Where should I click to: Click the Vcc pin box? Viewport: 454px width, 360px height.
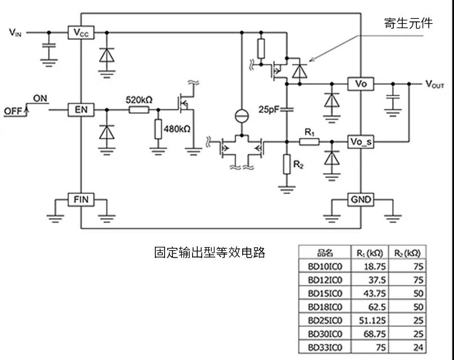pyautogui.click(x=81, y=33)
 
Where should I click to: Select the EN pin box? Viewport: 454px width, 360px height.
pyautogui.click(x=81, y=110)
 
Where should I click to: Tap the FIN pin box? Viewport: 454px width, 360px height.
pyautogui.click(x=81, y=199)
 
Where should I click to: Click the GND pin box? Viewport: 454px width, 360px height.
pyautogui.click(x=360, y=199)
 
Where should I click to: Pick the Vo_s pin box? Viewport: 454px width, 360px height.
pyautogui.click(x=360, y=141)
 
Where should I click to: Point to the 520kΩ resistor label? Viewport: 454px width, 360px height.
pyautogui.click(x=139, y=100)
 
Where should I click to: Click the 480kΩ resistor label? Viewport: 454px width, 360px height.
pyautogui.click(x=177, y=129)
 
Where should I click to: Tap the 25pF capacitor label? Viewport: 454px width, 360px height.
pyautogui.click(x=269, y=109)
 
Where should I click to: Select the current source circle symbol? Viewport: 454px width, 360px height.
pyautogui.click(x=242, y=116)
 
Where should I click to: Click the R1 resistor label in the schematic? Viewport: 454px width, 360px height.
pyautogui.click(x=309, y=132)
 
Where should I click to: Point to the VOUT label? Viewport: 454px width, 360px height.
pyautogui.click(x=435, y=85)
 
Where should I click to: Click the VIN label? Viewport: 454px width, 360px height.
pyautogui.click(x=15, y=32)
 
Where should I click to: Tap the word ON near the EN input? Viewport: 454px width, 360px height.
pyautogui.click(x=40, y=99)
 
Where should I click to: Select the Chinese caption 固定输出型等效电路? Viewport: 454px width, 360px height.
pyautogui.click(x=210, y=252)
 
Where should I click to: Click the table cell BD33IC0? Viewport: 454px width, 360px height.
pyautogui.click(x=325, y=347)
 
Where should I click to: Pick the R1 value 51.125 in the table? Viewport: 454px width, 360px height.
pyautogui.click(x=372, y=321)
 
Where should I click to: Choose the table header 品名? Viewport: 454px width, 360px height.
pyautogui.click(x=325, y=253)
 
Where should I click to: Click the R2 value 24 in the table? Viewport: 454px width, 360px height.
pyautogui.click(x=419, y=347)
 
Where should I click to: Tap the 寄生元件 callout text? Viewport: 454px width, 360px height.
pyautogui.click(x=408, y=23)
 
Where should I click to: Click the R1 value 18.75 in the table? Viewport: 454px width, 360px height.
pyautogui.click(x=375, y=266)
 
